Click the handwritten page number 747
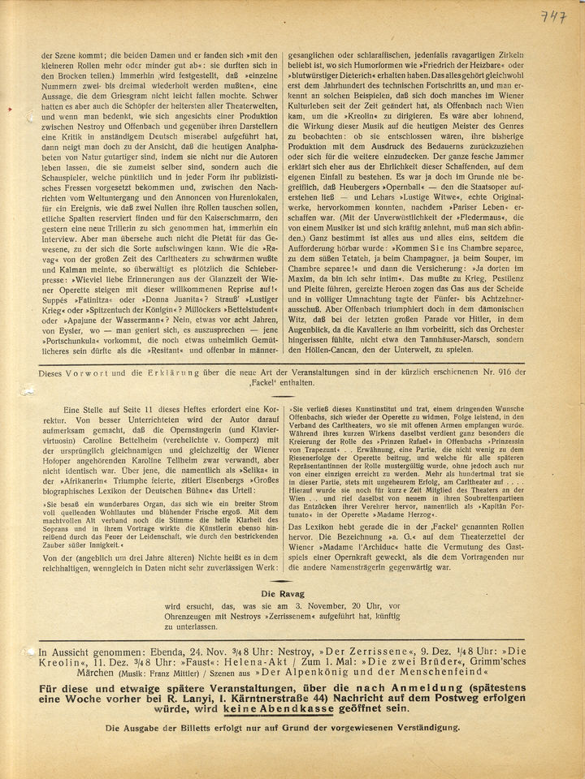[x=554, y=17]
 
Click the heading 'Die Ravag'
[x=281, y=593]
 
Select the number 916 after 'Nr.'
[x=503, y=372]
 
